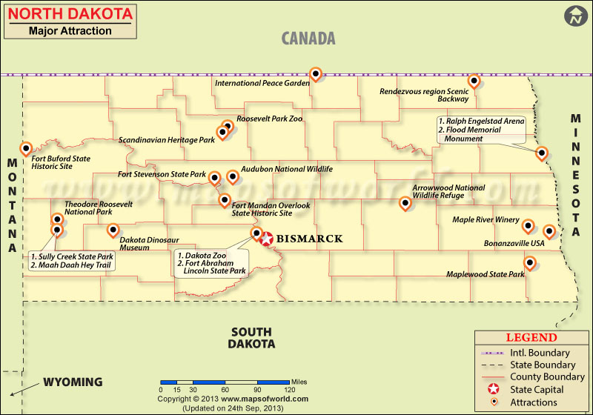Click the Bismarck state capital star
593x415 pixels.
coord(266,239)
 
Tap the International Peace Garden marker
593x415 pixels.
coord(316,73)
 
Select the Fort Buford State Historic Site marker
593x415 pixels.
coord(25,148)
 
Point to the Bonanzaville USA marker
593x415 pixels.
coord(549,231)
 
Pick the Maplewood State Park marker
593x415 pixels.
coord(530,262)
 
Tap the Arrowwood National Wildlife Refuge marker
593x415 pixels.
coord(405,202)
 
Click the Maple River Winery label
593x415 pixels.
coord(486,219)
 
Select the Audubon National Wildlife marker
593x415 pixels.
coord(233,176)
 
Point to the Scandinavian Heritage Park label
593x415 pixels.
coord(166,139)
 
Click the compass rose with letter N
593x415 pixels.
coord(575,15)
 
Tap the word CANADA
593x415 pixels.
coord(308,39)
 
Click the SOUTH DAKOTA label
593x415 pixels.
coord(252,338)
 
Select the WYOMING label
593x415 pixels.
coord(73,382)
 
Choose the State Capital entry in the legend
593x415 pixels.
coord(537,390)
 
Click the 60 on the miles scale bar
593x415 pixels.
coord(225,389)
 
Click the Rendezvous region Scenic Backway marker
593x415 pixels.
coord(474,80)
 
